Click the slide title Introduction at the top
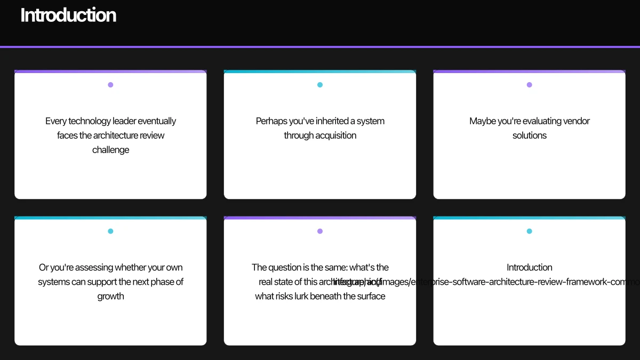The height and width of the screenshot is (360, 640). [x=68, y=15]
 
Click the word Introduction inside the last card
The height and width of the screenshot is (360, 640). [x=529, y=267]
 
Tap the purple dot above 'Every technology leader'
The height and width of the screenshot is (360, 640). [x=110, y=85]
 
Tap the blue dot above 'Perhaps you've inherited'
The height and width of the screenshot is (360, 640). [x=320, y=85]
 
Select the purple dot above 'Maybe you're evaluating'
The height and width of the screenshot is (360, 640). [x=529, y=85]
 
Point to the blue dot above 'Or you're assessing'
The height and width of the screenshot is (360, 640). [x=110, y=231]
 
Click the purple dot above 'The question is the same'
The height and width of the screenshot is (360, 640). [x=320, y=231]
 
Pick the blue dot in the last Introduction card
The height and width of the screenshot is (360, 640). [x=529, y=231]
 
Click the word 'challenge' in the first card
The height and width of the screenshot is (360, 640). [x=110, y=150]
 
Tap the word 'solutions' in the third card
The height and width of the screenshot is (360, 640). [x=529, y=135]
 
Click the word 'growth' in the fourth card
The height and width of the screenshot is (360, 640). [x=110, y=296]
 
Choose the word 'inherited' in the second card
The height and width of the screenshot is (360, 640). [x=331, y=121]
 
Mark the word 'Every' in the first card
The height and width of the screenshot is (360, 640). [x=56, y=121]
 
